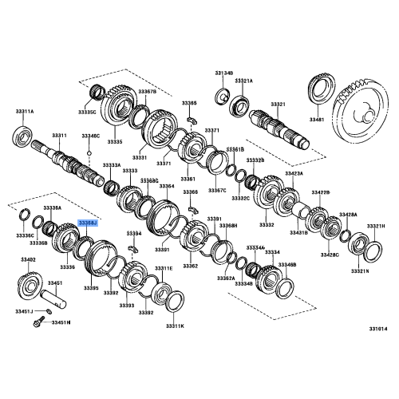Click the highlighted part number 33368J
87,226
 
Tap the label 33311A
25,112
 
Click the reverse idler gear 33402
30,283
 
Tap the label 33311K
175,326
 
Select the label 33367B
148,92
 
